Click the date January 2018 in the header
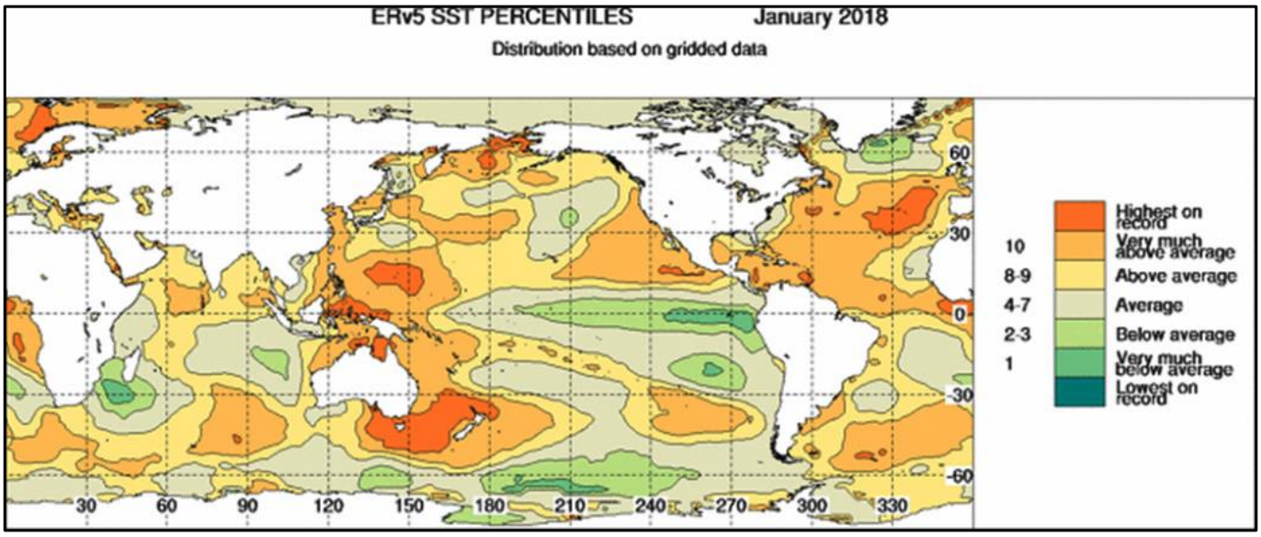[x=821, y=17]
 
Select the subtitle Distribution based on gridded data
[x=630, y=50]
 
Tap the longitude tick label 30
[x=86, y=507]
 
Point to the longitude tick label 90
[x=248, y=507]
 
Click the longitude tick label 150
[x=411, y=507]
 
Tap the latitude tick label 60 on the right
[x=960, y=153]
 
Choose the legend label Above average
[x=1176, y=276]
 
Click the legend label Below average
[x=1174, y=335]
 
